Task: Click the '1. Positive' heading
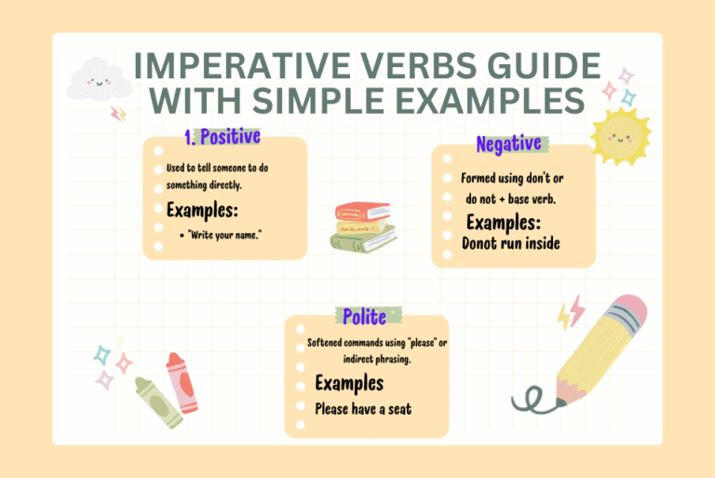pyautogui.click(x=222, y=138)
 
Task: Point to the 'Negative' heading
pyautogui.click(x=508, y=144)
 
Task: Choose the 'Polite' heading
pyautogui.click(x=366, y=317)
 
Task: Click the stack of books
pyautogui.click(x=362, y=226)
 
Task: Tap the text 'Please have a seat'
pyautogui.click(x=363, y=407)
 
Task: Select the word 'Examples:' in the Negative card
pyautogui.click(x=504, y=223)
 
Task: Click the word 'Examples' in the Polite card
pyautogui.click(x=349, y=383)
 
